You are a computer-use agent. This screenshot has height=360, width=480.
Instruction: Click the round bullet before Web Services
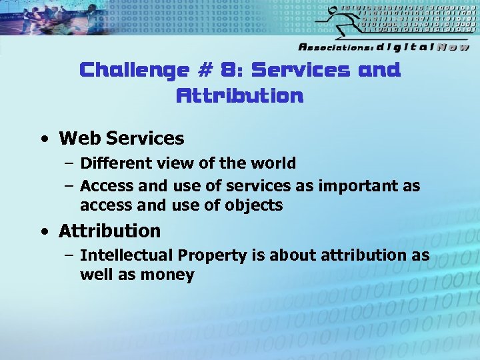tap(43, 139)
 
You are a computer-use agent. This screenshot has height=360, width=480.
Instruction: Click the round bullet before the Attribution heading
tap(43, 232)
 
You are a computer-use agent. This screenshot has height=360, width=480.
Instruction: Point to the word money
tap(167, 275)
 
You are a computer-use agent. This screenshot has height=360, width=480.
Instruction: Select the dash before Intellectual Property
tap(69, 255)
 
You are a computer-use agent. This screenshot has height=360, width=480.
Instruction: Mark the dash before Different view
tap(69, 163)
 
